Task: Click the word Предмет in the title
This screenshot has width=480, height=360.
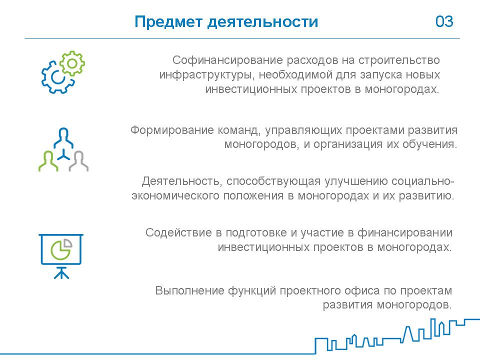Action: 168,22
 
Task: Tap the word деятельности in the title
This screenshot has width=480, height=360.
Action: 263,22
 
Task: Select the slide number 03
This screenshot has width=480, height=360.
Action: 444,21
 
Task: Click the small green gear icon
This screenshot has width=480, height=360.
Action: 72,63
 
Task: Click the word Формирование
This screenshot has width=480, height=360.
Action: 172,130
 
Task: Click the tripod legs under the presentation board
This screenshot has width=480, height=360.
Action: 61,273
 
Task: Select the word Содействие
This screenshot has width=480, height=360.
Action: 179,232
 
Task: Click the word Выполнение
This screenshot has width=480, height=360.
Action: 190,290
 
